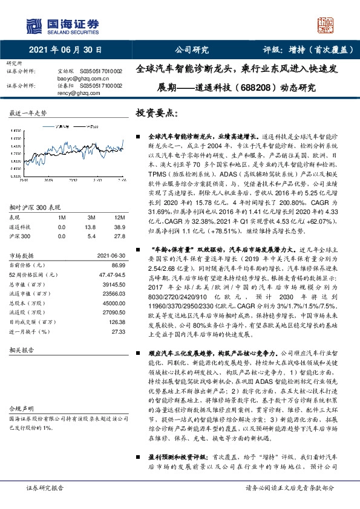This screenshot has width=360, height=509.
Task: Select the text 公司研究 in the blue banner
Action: point(191,50)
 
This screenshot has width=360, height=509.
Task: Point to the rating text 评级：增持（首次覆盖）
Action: point(300,50)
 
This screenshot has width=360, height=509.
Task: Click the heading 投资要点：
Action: point(157,113)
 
